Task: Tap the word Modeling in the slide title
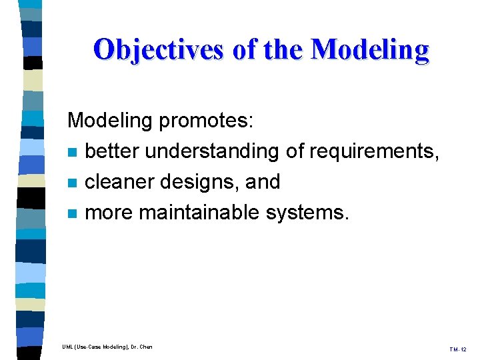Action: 370,49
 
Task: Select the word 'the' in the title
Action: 282,49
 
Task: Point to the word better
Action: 113,151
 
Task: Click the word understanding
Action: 213,151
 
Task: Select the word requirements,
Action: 373,151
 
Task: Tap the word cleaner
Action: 119,182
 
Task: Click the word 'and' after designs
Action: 263,182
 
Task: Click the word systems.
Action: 307,213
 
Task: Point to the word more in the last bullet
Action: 109,213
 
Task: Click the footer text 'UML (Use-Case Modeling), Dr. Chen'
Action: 107,347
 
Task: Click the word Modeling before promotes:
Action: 111,121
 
